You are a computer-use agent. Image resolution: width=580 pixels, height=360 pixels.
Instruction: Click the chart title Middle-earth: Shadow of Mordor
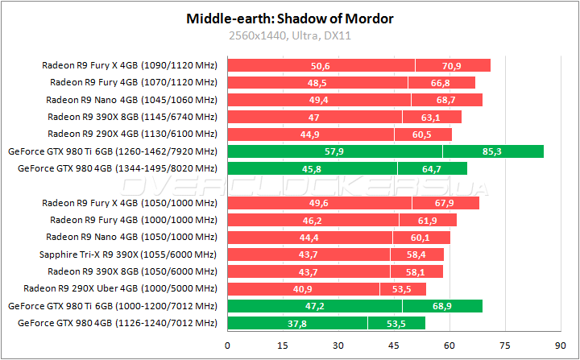290,18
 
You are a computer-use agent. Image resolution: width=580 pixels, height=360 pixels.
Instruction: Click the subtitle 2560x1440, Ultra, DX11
290,35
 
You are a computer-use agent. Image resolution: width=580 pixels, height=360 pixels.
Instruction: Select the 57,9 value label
334,151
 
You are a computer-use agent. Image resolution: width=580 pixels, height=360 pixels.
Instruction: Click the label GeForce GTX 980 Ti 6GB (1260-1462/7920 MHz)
113,151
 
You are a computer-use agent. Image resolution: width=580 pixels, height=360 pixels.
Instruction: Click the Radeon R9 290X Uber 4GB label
121,288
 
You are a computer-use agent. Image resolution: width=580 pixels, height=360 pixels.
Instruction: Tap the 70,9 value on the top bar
452,65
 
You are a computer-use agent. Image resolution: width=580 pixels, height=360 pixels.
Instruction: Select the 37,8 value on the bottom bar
297,324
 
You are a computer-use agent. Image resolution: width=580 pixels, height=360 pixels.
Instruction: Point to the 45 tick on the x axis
393,345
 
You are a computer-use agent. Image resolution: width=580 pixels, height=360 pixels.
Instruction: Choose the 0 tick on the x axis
228,345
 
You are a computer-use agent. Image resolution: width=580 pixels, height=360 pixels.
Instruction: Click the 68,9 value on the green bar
441,306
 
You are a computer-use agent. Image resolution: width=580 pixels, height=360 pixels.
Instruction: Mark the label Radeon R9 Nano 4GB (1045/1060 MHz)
131,100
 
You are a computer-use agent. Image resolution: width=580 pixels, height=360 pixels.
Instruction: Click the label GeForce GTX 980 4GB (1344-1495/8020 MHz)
118,168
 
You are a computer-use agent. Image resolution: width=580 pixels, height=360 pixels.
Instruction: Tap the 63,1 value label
431,117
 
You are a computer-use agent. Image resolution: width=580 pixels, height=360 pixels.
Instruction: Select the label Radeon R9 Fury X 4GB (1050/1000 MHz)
130,203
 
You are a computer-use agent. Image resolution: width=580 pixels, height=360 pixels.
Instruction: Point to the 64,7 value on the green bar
432,168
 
